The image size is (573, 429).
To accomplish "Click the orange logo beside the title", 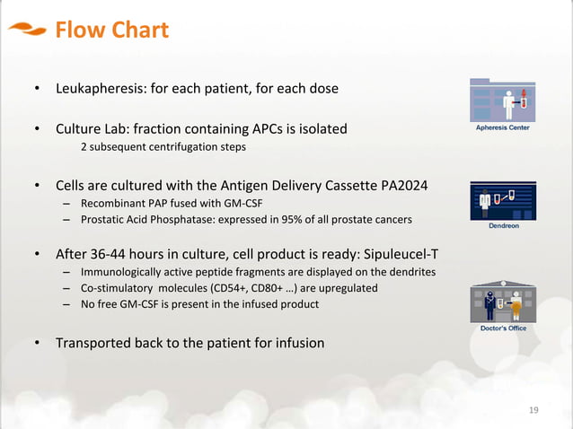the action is pos(28,29).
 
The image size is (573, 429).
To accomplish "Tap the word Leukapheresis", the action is pos(101,89).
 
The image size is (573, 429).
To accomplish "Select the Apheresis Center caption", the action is pos(502,127).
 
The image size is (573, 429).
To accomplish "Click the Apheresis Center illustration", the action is pos(502,101).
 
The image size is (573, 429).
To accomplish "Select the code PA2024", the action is pos(404,186).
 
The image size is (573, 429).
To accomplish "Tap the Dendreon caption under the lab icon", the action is pos(504,225).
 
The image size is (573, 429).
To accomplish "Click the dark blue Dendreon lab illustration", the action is pos(503,201).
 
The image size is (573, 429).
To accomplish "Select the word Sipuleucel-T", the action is pos(401,254).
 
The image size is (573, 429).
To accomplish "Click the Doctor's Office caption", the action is pos(503,328).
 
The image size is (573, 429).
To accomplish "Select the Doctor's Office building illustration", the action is pos(503,302).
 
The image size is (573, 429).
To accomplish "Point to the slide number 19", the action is pos(533,410).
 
